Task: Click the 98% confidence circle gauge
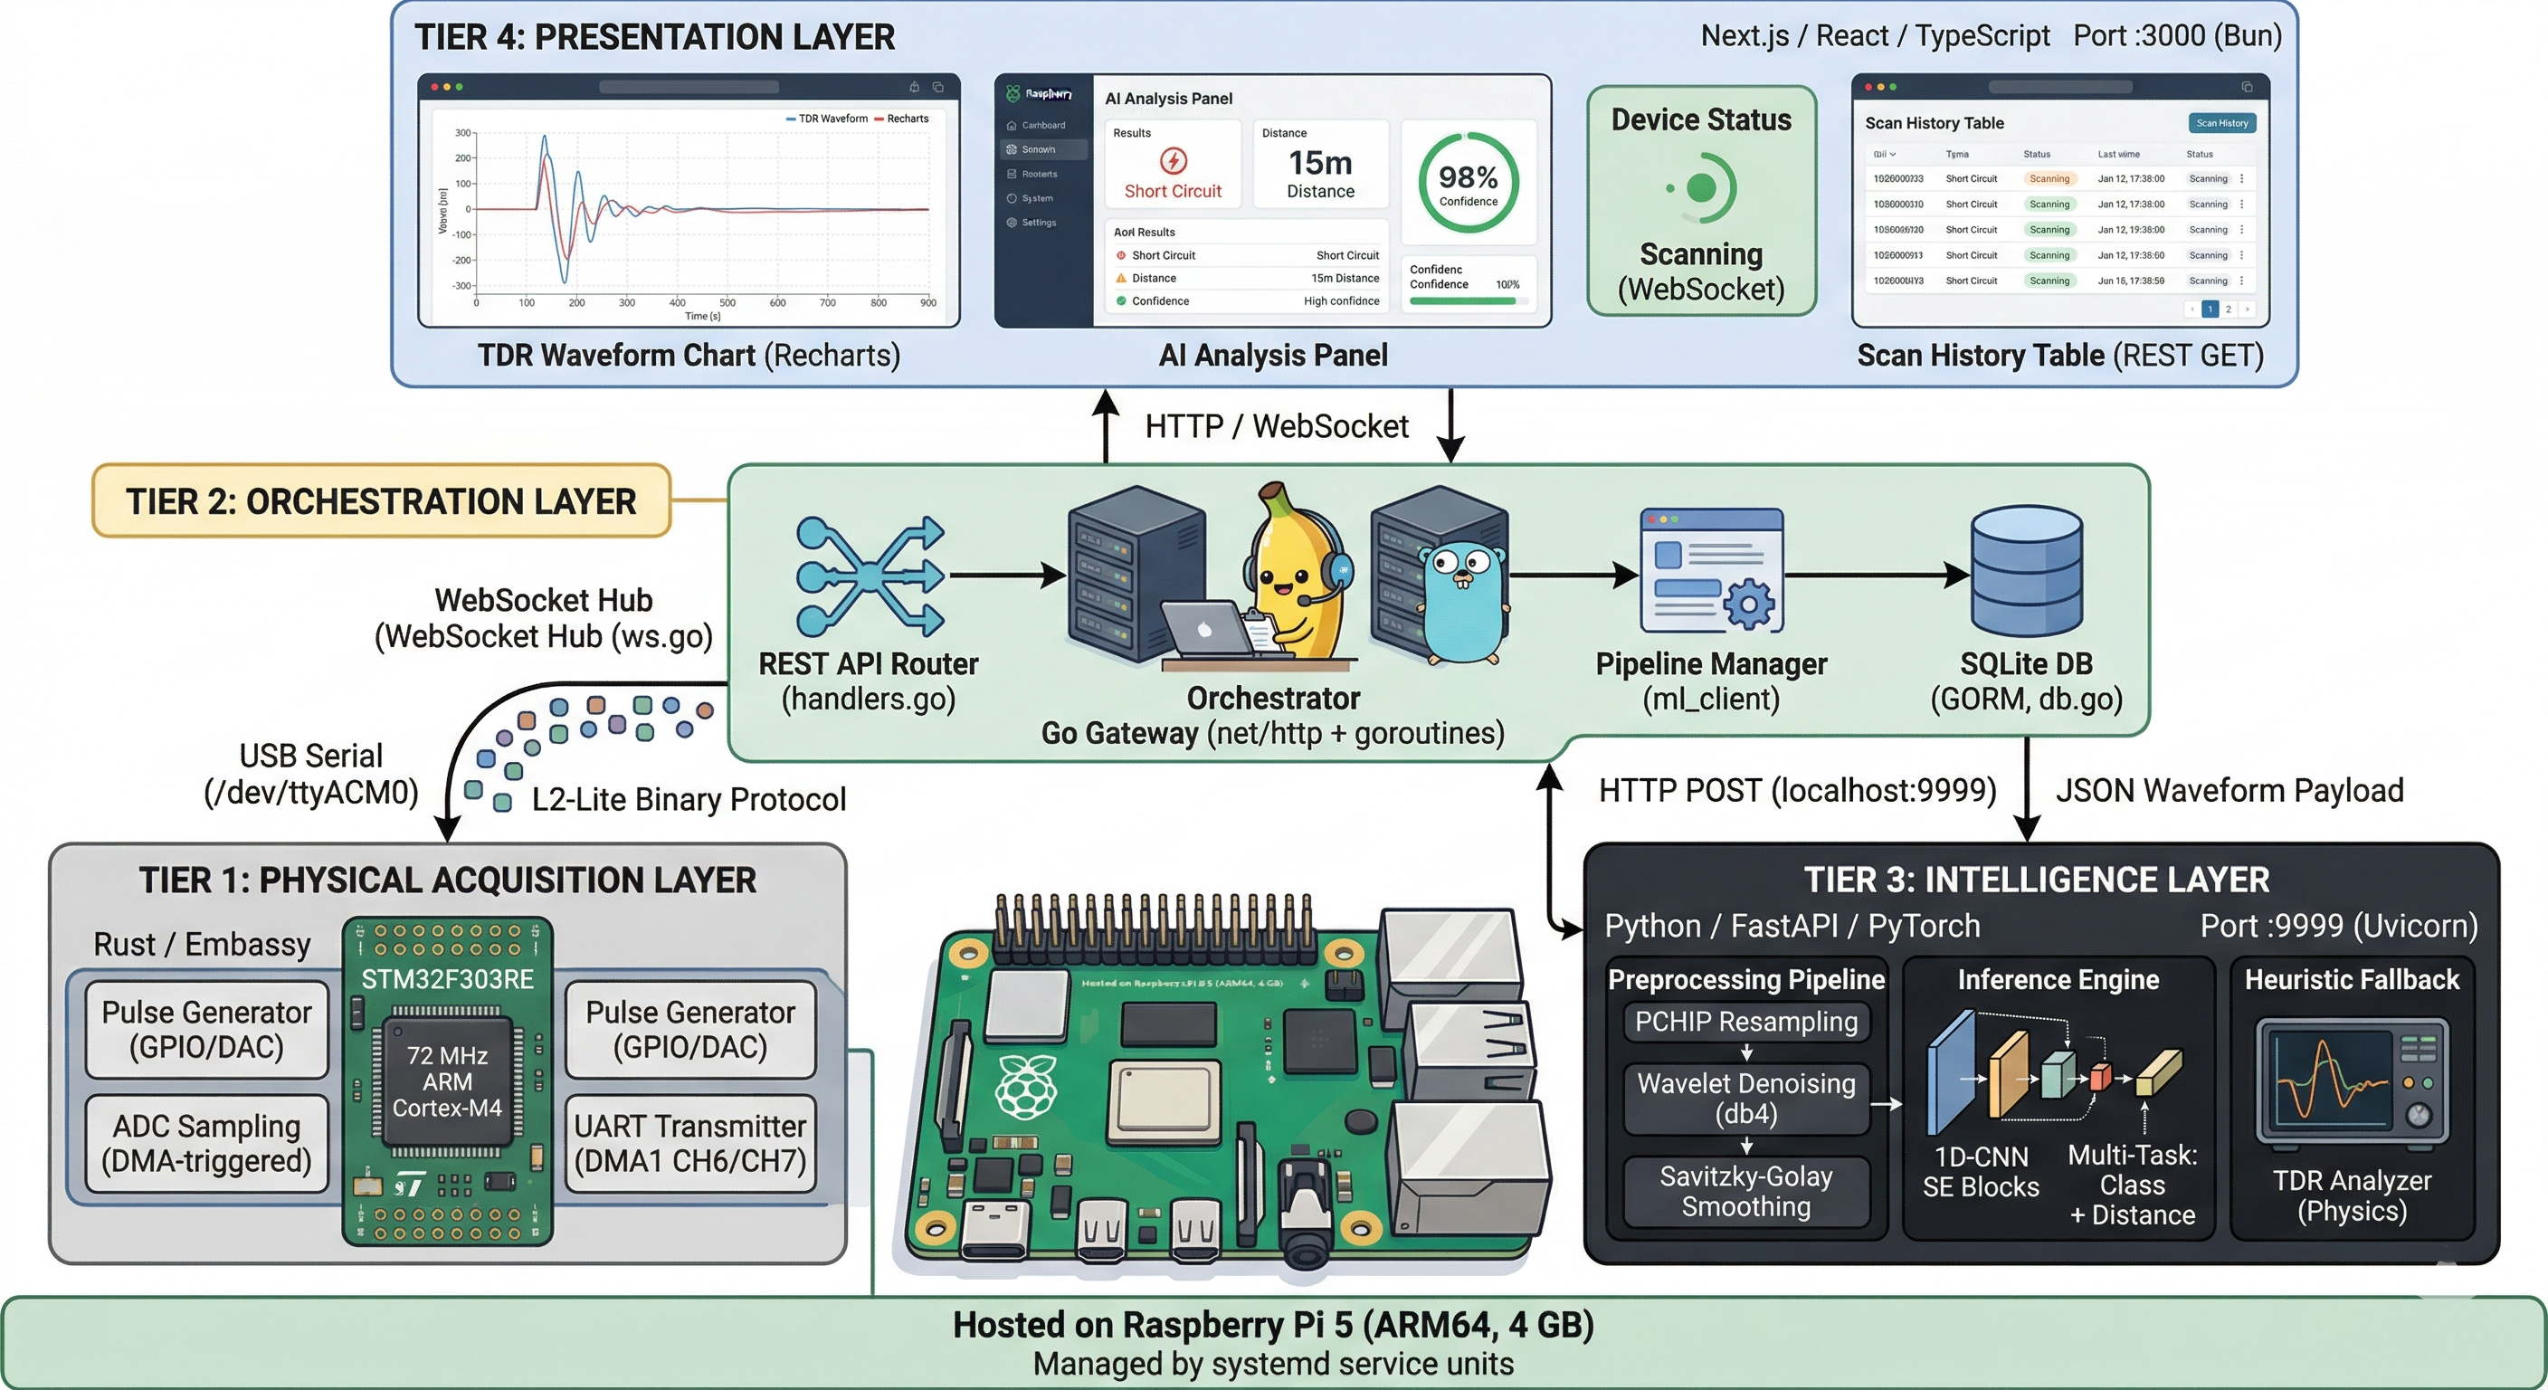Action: [1468, 183]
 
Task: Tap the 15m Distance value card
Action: [1320, 164]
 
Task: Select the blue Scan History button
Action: [2221, 123]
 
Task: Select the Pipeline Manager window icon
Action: [1711, 571]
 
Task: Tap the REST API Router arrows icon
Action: [870, 575]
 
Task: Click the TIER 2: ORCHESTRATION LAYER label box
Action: [381, 500]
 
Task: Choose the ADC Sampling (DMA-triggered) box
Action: [206, 1143]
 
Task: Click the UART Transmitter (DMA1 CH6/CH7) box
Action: [690, 1143]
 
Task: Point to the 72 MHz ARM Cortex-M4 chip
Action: [447, 1081]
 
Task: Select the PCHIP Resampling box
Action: [1745, 1021]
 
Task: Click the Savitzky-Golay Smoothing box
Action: [1745, 1191]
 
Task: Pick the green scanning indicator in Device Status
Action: [1701, 187]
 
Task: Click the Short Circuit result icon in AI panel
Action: [1173, 160]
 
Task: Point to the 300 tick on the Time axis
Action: [627, 303]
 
